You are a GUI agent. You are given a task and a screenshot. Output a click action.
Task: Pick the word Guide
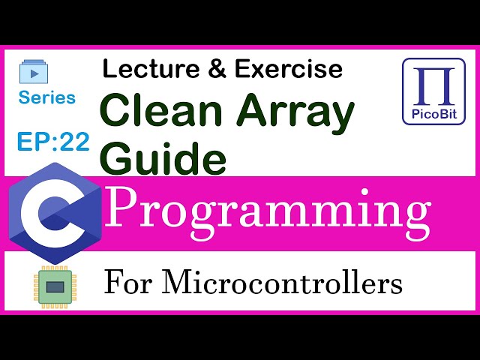[x=162, y=158]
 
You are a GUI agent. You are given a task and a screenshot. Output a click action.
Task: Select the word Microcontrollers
[x=281, y=283]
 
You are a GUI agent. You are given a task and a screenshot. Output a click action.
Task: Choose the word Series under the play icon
[x=47, y=97]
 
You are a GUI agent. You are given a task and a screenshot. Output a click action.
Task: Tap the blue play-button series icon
[x=33, y=73]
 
